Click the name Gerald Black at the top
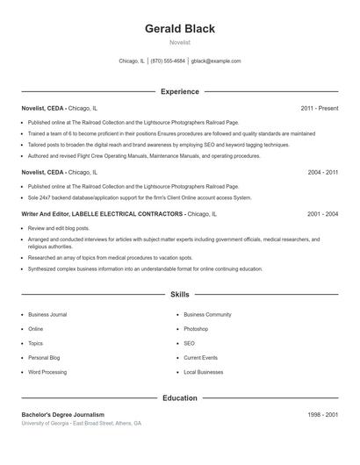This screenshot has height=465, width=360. tap(180, 28)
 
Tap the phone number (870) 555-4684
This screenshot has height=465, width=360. tap(168, 61)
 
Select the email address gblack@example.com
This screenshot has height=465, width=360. tap(216, 61)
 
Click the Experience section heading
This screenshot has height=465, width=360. tap(180, 91)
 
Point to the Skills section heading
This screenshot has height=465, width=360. tap(180, 295)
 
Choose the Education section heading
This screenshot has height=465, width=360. tap(180, 397)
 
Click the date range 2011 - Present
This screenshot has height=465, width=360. tap(319, 108)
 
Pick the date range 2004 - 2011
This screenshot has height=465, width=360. tap(322, 173)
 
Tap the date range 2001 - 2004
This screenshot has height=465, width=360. tap(322, 213)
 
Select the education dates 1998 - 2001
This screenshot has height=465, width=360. tap(322, 414)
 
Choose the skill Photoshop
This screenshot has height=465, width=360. tap(196, 329)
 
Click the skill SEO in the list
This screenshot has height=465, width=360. tap(190, 343)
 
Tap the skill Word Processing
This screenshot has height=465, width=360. tap(47, 372)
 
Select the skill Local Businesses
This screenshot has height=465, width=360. tap(204, 372)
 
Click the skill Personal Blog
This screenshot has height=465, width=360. tap(44, 358)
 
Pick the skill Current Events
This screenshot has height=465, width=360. tap(201, 358)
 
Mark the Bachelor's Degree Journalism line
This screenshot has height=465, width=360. tap(62, 414)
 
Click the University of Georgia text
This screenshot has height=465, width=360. tap(45, 423)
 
